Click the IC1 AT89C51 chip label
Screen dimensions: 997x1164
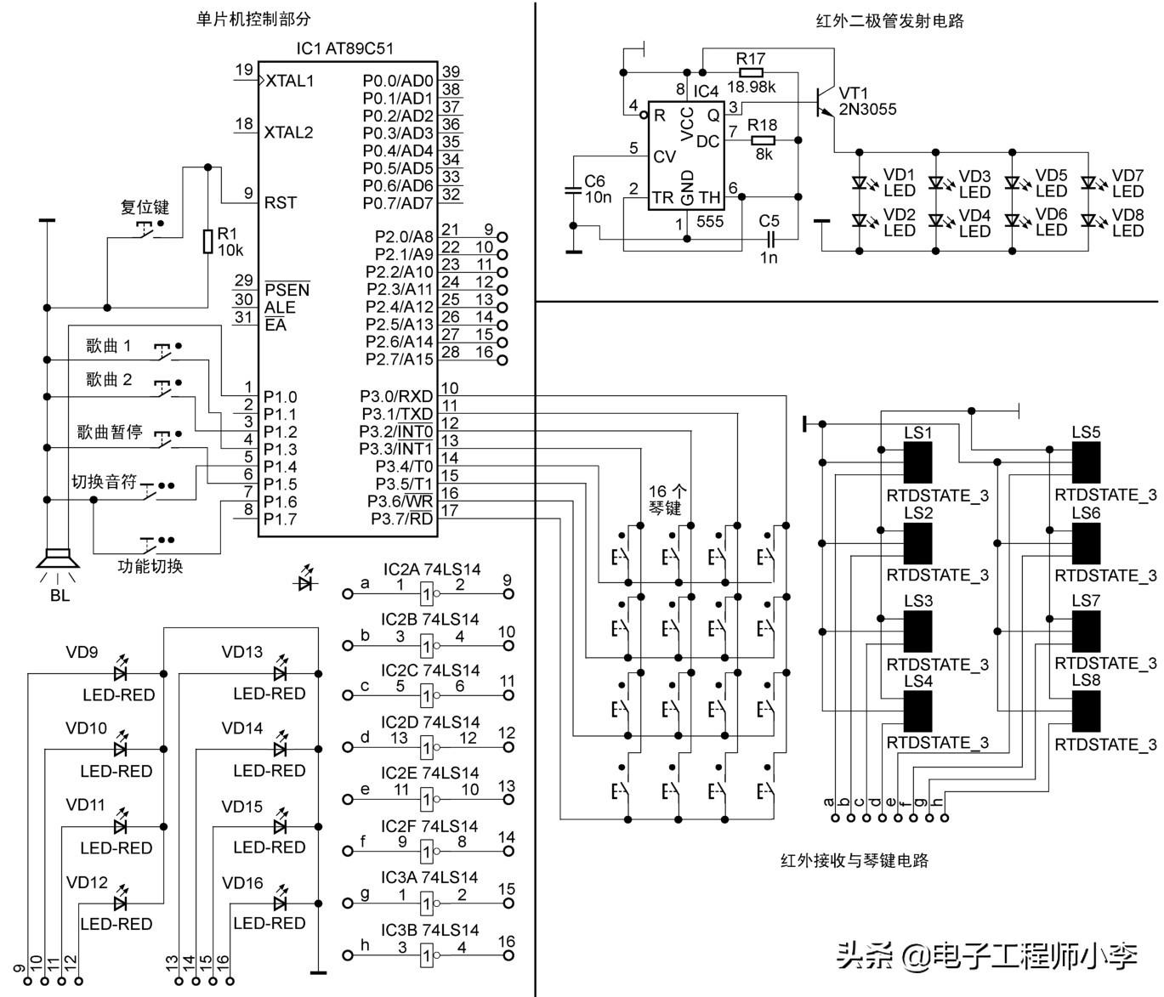coord(344,49)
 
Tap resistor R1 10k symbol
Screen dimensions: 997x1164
coord(207,241)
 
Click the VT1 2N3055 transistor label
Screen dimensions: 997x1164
coord(867,101)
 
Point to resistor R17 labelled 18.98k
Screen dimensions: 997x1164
coord(751,72)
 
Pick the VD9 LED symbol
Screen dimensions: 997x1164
coord(120,673)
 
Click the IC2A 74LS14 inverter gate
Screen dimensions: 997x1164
coord(428,592)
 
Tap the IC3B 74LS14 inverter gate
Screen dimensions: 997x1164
coord(428,955)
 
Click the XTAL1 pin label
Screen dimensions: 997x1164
coord(289,81)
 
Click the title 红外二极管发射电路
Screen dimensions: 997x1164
coord(889,20)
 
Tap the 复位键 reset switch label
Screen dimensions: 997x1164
coord(145,207)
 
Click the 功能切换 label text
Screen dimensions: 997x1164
coord(150,566)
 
